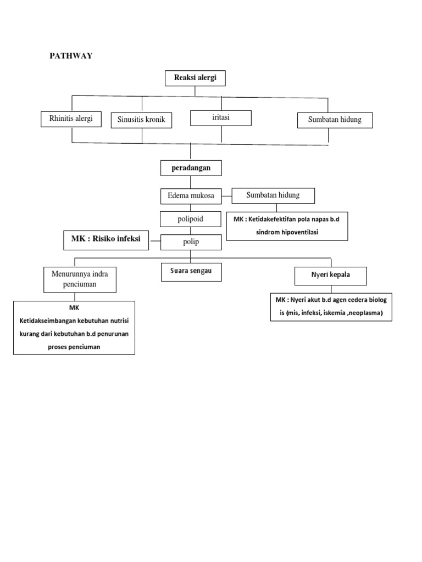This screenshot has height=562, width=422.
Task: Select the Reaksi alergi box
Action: [x=195, y=78]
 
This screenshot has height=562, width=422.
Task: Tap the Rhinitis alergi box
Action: [x=71, y=119]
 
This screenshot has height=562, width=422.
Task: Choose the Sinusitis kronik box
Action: [x=141, y=120]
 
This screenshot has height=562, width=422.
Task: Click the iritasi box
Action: [x=221, y=117]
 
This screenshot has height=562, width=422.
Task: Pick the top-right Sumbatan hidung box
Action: [x=335, y=120]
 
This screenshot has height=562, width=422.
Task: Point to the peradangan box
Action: [x=191, y=167]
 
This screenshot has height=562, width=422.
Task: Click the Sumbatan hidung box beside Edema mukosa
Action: [x=273, y=195]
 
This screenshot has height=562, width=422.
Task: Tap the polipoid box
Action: [x=191, y=219]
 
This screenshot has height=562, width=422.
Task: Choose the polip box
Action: [x=191, y=242]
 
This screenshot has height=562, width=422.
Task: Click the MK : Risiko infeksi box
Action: [x=106, y=240]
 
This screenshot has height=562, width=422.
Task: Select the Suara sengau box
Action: [x=191, y=272]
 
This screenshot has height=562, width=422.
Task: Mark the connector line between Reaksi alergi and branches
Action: [x=195, y=91]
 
